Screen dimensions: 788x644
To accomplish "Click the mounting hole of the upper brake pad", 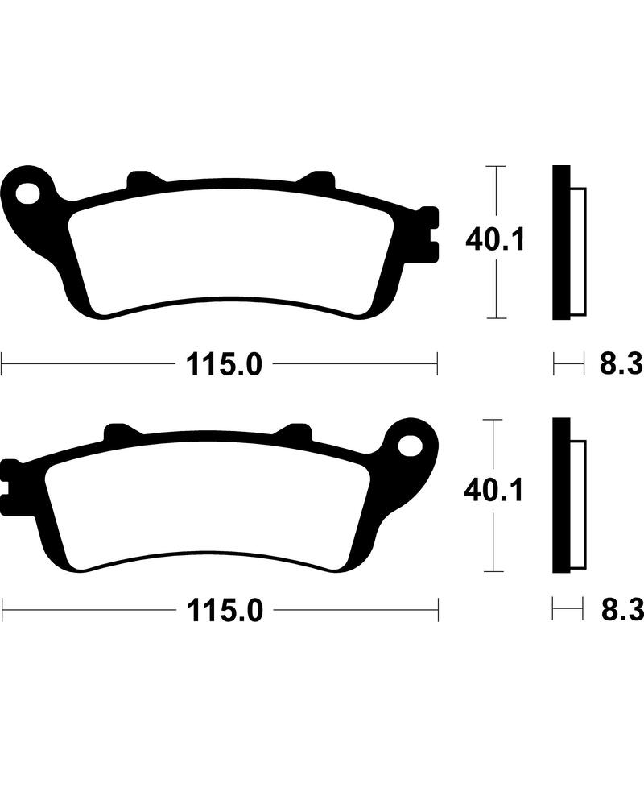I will [30, 193].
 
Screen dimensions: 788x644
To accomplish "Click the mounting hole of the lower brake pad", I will [411, 443].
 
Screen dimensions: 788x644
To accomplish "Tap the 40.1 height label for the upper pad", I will [495, 239].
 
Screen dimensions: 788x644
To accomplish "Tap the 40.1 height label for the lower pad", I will [493, 489].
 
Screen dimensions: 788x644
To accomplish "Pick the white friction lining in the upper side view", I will [579, 250].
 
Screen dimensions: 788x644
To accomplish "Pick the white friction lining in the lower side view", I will [579, 501].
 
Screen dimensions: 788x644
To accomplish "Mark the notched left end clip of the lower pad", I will [10, 483].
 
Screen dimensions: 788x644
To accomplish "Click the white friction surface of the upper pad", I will [233, 250].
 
